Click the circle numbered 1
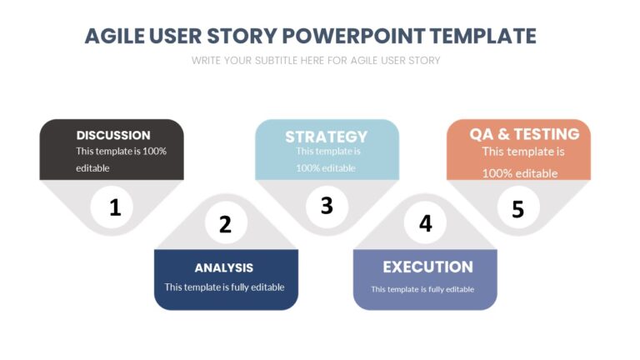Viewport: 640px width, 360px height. tap(115, 207)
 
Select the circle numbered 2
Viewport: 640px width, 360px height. tap(225, 224)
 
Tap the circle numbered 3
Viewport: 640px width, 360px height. tap(327, 205)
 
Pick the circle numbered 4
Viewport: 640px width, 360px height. tap(426, 223)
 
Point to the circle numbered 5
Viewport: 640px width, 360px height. tap(518, 208)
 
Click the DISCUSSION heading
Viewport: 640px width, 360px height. tap(113, 135)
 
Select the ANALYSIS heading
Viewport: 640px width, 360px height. tap(223, 267)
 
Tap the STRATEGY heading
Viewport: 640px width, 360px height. tap(326, 137)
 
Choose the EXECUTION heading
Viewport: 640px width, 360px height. tap(427, 267)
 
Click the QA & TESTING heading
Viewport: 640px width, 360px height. tap(524, 134)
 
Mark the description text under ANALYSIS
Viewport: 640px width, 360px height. tap(224, 287)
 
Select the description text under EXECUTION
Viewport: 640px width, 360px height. tap(422, 289)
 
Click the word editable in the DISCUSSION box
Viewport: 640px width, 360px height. tap(92, 167)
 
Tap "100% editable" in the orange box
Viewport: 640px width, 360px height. tap(520, 173)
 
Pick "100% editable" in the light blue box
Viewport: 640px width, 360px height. tap(326, 167)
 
